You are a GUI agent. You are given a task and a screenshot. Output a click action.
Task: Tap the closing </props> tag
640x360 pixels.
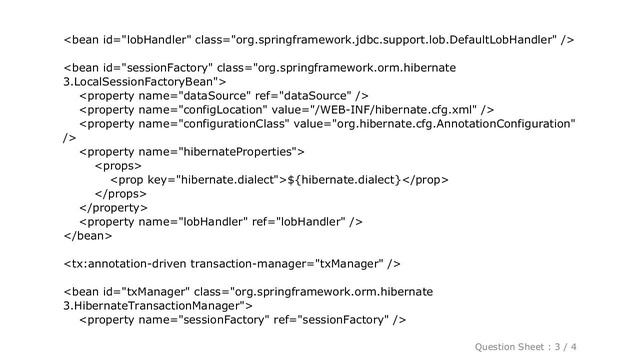(119, 193)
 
